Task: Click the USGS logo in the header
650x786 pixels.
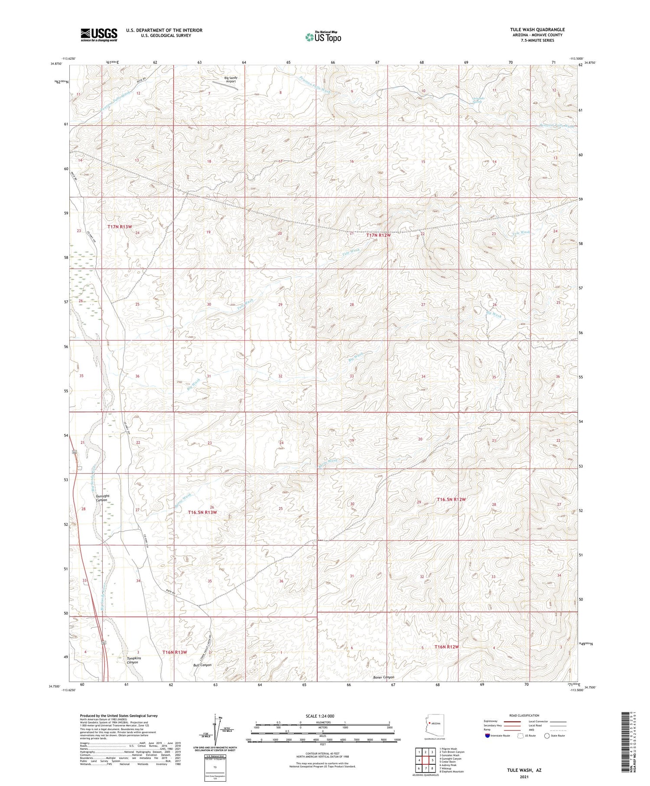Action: (x=99, y=35)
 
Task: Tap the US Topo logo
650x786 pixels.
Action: (x=323, y=37)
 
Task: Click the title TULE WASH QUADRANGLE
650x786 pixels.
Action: (x=537, y=29)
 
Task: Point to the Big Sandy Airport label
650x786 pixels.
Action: (x=231, y=80)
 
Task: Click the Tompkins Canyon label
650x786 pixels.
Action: (x=132, y=660)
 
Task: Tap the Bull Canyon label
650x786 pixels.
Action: (x=202, y=665)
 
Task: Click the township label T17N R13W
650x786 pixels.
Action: (x=120, y=227)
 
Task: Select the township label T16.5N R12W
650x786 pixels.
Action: (x=451, y=499)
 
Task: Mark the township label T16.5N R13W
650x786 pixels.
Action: (x=202, y=512)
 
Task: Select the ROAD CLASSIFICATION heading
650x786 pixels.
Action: (x=524, y=715)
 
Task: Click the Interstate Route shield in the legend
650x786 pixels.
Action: (x=487, y=736)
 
